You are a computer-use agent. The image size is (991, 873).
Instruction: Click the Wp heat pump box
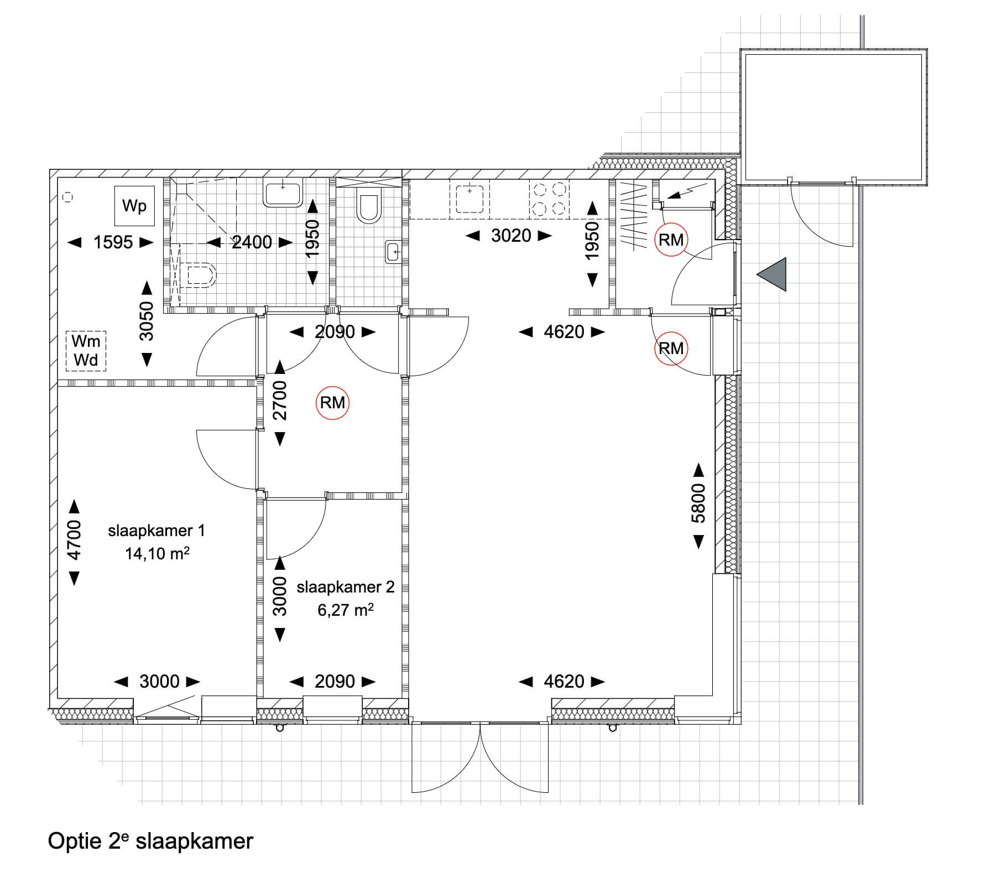[134, 206]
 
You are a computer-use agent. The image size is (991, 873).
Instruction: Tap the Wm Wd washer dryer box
[86, 351]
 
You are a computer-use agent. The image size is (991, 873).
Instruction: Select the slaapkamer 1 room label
[157, 531]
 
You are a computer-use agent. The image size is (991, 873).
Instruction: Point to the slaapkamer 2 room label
[346, 587]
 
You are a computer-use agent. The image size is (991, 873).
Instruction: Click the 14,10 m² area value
[158, 553]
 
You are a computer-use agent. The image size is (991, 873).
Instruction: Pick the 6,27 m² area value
[346, 610]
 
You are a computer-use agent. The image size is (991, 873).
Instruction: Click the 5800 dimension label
[698, 503]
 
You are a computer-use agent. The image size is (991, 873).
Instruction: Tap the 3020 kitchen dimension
[511, 236]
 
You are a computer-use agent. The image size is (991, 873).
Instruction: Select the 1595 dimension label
[113, 242]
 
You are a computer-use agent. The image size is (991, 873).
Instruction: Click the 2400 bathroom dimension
[252, 242]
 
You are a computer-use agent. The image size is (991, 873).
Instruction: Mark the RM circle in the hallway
[332, 402]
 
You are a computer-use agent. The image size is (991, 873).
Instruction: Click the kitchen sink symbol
[470, 199]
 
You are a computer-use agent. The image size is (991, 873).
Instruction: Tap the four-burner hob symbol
[550, 199]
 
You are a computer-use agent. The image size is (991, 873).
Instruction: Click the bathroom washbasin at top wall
[283, 193]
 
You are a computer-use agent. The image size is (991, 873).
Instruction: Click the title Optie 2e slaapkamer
[150, 841]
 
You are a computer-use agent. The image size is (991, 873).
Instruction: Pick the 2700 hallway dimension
[280, 401]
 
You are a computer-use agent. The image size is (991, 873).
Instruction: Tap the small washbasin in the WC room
[393, 251]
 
